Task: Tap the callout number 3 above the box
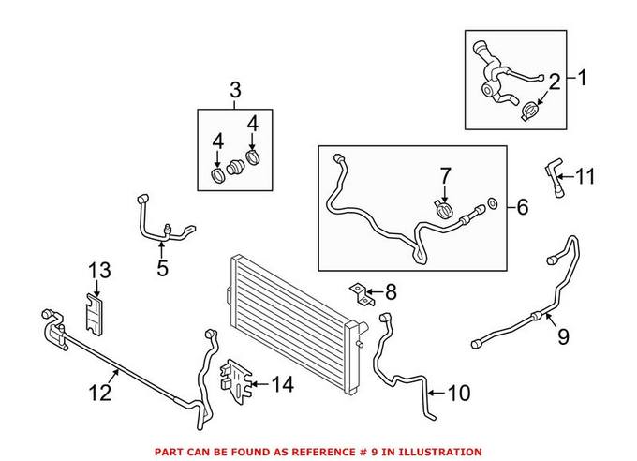(235, 91)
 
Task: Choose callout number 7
(446, 174)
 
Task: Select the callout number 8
(391, 292)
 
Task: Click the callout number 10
(459, 394)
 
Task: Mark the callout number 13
(99, 271)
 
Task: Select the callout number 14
(282, 382)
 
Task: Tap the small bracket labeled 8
(361, 293)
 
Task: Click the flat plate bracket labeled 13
(95, 312)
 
